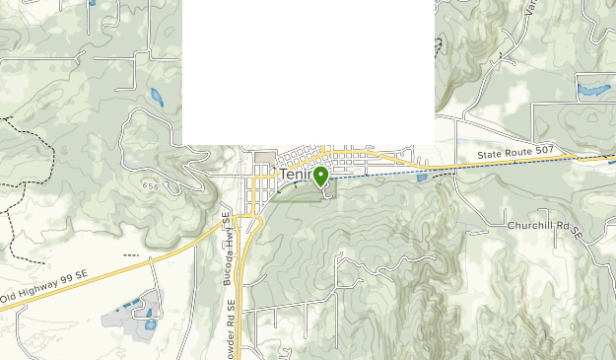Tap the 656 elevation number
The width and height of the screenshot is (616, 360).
point(150,184)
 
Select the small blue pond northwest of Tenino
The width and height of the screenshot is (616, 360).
point(157,97)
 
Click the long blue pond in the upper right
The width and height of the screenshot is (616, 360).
point(593,90)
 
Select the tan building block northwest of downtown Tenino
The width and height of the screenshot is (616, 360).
point(264,158)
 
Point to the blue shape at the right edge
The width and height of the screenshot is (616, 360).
point(612,158)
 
